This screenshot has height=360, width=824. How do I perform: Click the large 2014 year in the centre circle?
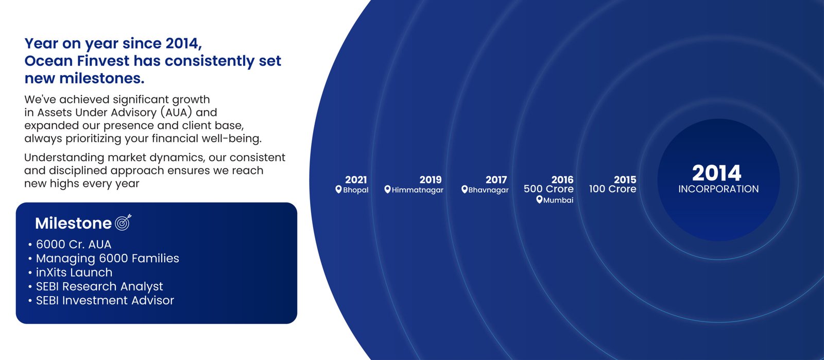click(716, 173)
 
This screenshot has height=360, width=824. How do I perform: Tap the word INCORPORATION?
click(718, 189)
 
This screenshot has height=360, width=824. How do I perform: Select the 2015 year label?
click(625, 179)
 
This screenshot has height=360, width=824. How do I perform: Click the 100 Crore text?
click(612, 189)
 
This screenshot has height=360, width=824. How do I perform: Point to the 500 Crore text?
click(548, 189)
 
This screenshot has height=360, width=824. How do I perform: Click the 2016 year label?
click(562, 179)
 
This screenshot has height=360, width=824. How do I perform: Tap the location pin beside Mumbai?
click(539, 200)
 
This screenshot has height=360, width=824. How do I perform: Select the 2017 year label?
click(496, 179)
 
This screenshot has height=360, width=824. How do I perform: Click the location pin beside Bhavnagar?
click(465, 190)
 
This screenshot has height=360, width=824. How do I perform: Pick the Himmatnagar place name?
click(418, 190)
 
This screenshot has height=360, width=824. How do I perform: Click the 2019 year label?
click(431, 179)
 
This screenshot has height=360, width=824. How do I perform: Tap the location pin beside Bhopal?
click(338, 190)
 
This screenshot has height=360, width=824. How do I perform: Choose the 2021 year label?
click(356, 179)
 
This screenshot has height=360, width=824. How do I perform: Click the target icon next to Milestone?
click(123, 222)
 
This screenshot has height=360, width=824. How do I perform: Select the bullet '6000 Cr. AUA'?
click(74, 245)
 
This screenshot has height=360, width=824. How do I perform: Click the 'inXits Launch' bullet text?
click(74, 272)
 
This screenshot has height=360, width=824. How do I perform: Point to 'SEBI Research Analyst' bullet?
click(99, 286)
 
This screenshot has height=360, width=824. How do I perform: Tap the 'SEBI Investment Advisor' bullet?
click(105, 300)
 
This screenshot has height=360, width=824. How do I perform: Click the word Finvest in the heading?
click(103, 61)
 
